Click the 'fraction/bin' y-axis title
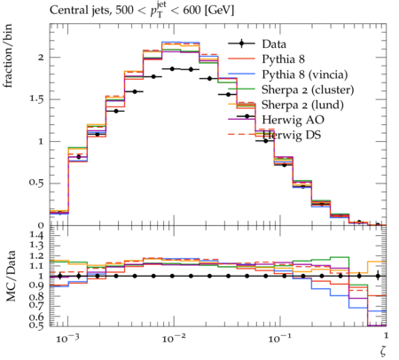pyautogui.click(x=8, y=56)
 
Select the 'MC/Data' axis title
pyautogui.click(x=11, y=276)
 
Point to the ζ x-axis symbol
pyautogui.click(x=383, y=350)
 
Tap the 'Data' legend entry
pyautogui.click(x=274, y=44)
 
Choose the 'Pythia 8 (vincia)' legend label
pyautogui.click(x=305, y=74)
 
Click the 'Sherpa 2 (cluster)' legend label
pyautogui.click(x=308, y=90)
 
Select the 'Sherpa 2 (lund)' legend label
pyautogui.click(x=302, y=105)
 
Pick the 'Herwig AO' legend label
pyautogui.click(x=293, y=120)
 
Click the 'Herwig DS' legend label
pyautogui.click(x=292, y=135)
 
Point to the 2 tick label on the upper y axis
pyautogui.click(x=41, y=58)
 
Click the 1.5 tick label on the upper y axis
pyautogui.click(x=36, y=99)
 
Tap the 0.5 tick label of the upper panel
pyautogui.click(x=36, y=184)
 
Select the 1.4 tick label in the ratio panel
pyautogui.click(x=36, y=236)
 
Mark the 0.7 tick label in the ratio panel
pyautogui.click(x=36, y=306)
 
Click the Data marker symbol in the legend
pyautogui.click(x=241, y=43)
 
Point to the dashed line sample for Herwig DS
pyautogui.click(x=241, y=135)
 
